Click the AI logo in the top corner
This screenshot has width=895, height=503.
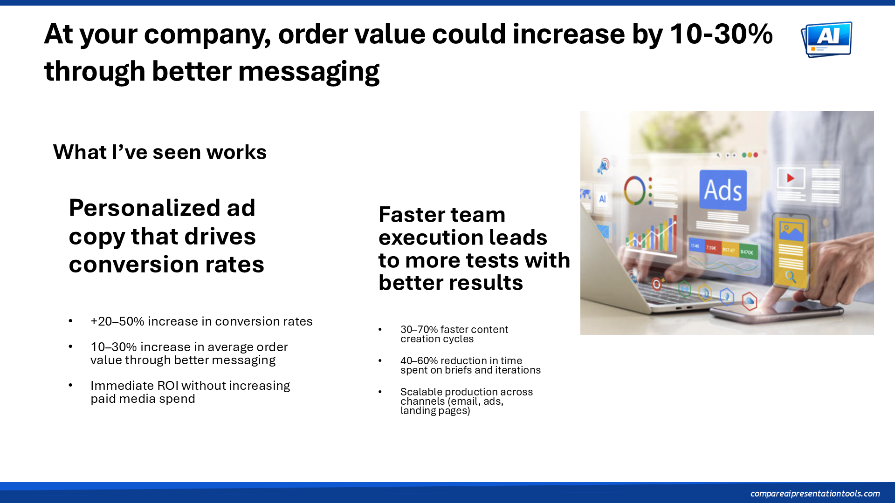point(826,40)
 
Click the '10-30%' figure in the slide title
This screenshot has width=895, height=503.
point(721,34)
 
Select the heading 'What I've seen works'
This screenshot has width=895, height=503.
point(160,152)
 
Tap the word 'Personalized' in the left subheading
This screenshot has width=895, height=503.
point(162,208)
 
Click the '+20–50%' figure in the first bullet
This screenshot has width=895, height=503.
point(117,321)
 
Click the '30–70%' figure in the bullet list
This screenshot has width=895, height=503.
point(419,329)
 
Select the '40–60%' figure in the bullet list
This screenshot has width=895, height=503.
point(419,360)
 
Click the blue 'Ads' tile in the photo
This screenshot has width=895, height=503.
point(723,190)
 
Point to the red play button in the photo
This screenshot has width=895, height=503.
point(791,178)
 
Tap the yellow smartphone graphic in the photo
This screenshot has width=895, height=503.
point(791,251)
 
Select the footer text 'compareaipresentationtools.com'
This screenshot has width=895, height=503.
point(815,493)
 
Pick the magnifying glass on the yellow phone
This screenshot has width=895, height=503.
point(791,277)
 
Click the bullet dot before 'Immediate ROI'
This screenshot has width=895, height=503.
point(70,385)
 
